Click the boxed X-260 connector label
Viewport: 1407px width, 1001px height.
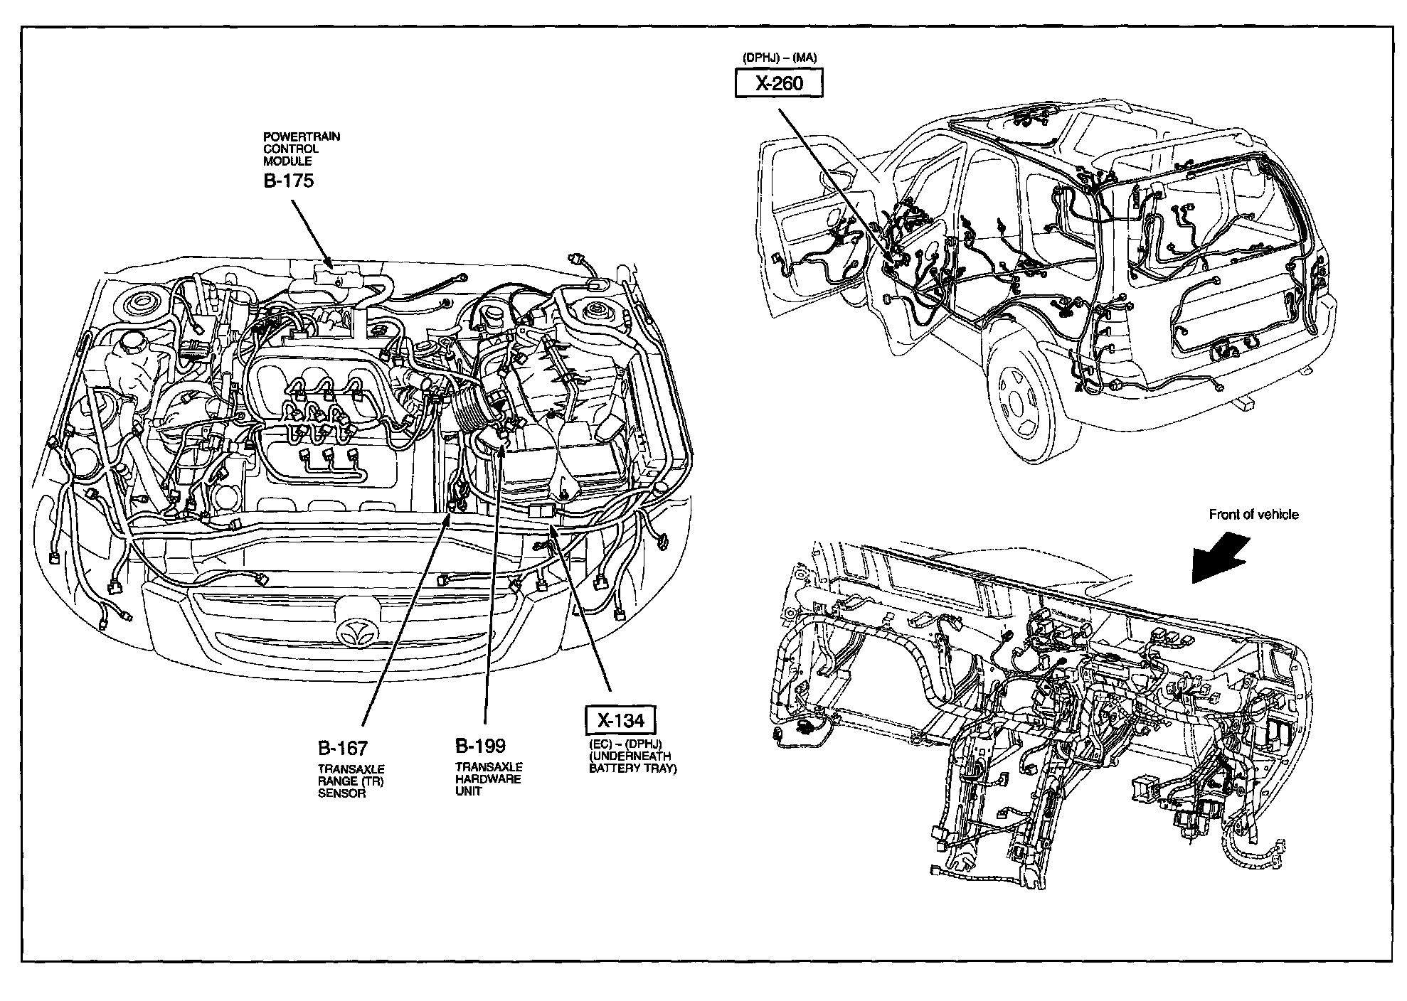[x=779, y=84]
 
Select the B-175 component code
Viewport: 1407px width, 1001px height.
[x=288, y=181]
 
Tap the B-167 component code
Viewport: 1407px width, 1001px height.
[x=342, y=748]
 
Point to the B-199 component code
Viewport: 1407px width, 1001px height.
[x=480, y=746]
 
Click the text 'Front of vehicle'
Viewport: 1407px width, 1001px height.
[x=1253, y=515]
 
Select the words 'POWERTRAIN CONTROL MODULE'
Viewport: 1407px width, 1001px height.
[x=302, y=149]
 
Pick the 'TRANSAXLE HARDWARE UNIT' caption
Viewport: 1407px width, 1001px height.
[x=488, y=779]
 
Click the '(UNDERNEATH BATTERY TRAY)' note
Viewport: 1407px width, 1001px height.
[x=633, y=763]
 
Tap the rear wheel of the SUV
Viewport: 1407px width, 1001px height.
[x=1021, y=407]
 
